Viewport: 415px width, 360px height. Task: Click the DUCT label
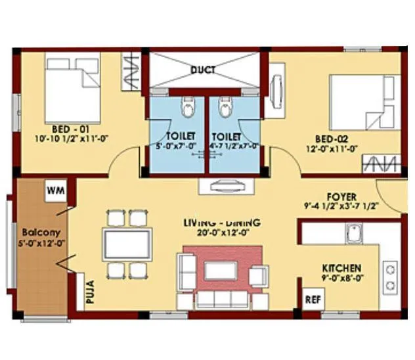point(204,70)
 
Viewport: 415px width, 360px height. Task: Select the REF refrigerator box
point(312,299)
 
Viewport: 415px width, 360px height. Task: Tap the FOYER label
point(341,196)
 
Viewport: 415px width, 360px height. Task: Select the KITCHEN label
point(341,269)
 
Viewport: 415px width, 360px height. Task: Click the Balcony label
point(33,233)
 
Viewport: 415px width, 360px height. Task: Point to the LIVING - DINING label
point(221,223)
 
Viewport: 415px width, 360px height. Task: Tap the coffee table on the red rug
point(221,271)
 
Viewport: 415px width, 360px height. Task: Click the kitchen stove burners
point(390,278)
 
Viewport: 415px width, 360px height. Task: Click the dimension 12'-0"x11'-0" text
point(331,149)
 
